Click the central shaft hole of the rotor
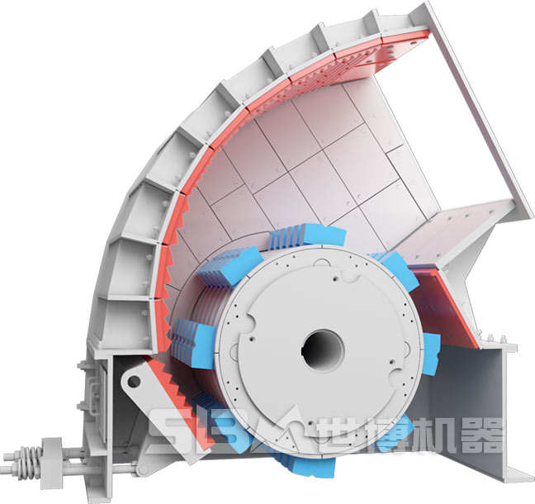(x=323, y=350)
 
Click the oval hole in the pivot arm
(x=134, y=381)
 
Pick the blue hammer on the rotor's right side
(x=431, y=354)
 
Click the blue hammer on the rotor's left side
(x=193, y=342)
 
